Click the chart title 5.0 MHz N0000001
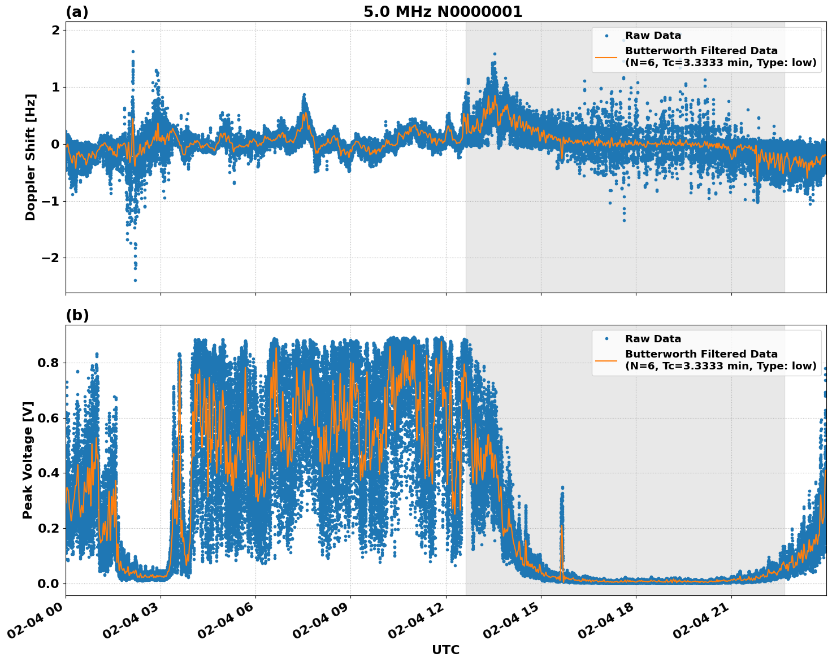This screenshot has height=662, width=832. (x=443, y=12)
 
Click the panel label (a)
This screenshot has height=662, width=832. (x=77, y=12)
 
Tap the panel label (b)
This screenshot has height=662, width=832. (x=77, y=315)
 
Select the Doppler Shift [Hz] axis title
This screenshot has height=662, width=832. (x=31, y=157)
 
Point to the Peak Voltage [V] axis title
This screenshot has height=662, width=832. (x=28, y=460)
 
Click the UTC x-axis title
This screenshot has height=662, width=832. (x=445, y=650)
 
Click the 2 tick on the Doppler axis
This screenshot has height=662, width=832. (x=55, y=30)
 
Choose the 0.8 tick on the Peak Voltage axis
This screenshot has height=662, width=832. (x=49, y=363)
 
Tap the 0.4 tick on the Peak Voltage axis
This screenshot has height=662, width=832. (x=49, y=473)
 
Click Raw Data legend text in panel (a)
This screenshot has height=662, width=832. (x=653, y=36)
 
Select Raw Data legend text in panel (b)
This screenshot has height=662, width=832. (x=653, y=339)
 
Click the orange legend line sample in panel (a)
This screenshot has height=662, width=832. (x=606, y=56)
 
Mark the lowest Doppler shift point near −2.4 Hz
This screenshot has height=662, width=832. (x=135, y=280)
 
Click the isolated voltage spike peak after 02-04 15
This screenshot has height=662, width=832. (x=562, y=487)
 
